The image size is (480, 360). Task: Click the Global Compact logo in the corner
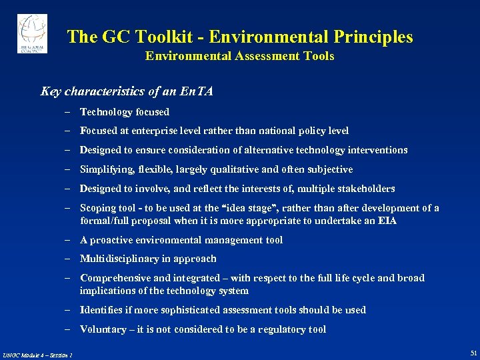point(32,34)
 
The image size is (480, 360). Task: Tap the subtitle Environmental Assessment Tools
point(239,57)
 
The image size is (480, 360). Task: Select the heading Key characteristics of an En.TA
point(127,91)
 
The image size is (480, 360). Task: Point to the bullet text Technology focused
point(125,112)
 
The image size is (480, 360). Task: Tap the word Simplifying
point(106,170)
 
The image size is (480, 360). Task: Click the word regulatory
point(282,329)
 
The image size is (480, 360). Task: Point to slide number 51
point(473,353)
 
